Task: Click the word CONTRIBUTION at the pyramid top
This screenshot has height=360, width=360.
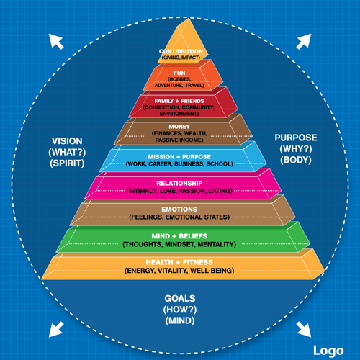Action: click(181, 52)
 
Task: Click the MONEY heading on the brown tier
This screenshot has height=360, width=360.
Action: click(181, 126)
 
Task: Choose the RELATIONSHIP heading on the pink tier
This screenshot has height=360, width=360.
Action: click(181, 183)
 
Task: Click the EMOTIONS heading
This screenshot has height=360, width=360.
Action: click(180, 209)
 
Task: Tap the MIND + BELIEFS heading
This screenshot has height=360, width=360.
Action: click(181, 236)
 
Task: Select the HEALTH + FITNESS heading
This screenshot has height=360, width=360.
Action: click(181, 262)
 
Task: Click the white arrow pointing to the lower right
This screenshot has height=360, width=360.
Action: click(305, 328)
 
